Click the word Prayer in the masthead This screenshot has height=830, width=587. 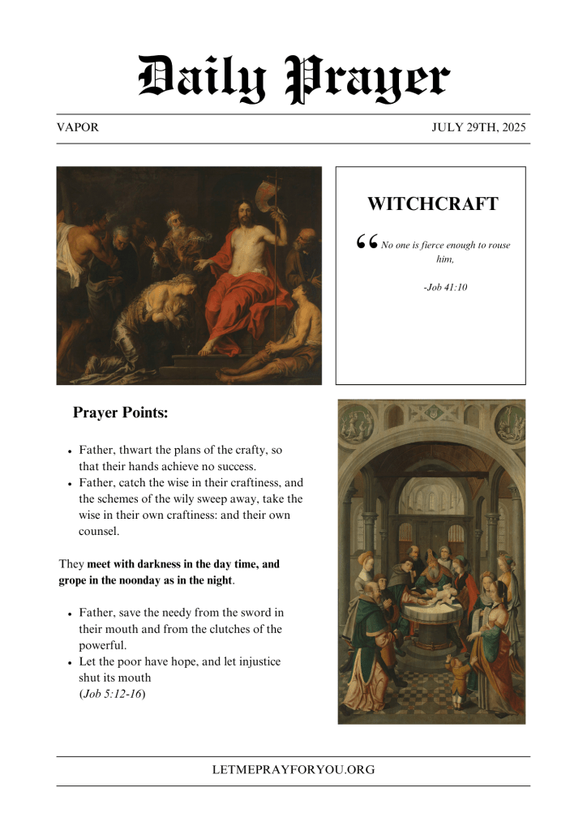[x=368, y=79]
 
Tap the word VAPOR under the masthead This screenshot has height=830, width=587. [x=78, y=127]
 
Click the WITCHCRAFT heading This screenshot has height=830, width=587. [x=432, y=204]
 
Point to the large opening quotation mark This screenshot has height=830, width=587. [x=366, y=242]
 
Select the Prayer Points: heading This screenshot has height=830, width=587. [x=120, y=413]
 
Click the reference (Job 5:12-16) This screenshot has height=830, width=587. [x=112, y=694]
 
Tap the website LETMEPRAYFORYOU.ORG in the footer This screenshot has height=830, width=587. [x=293, y=770]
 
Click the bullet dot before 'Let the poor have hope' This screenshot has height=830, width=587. [x=71, y=662]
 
